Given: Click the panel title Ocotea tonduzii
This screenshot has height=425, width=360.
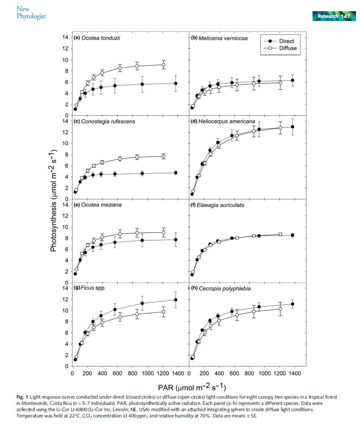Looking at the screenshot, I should click(97, 38).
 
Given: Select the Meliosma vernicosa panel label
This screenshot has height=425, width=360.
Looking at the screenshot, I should click(219, 38).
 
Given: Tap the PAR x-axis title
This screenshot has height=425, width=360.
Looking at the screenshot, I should click(191, 385).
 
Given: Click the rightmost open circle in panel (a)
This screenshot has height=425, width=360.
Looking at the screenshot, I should click(163, 65).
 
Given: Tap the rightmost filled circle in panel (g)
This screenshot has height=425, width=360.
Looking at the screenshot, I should click(176, 300).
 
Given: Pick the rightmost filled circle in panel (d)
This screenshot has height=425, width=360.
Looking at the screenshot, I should click(292, 127).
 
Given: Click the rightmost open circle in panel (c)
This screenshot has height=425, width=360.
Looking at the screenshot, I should click(163, 156).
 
